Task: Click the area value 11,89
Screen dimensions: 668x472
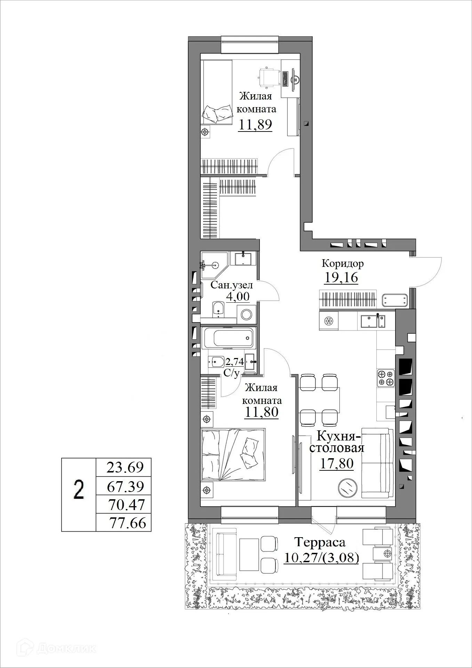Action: click(x=255, y=124)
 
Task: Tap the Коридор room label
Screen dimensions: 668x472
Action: click(x=343, y=263)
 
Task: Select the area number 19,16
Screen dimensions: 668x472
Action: click(x=341, y=278)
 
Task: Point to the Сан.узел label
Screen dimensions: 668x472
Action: click(x=232, y=285)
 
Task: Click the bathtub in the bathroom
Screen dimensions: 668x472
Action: click(x=229, y=337)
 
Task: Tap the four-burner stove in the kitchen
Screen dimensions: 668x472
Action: click(x=386, y=378)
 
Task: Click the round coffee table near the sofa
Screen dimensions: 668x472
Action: click(x=347, y=488)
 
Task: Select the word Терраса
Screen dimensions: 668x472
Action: click(x=320, y=542)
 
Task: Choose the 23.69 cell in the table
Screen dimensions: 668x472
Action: click(x=125, y=467)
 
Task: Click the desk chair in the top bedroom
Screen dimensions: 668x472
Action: click(x=269, y=76)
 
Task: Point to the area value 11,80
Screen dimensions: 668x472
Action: click(x=262, y=412)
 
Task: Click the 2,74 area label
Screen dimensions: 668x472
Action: click(x=234, y=362)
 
